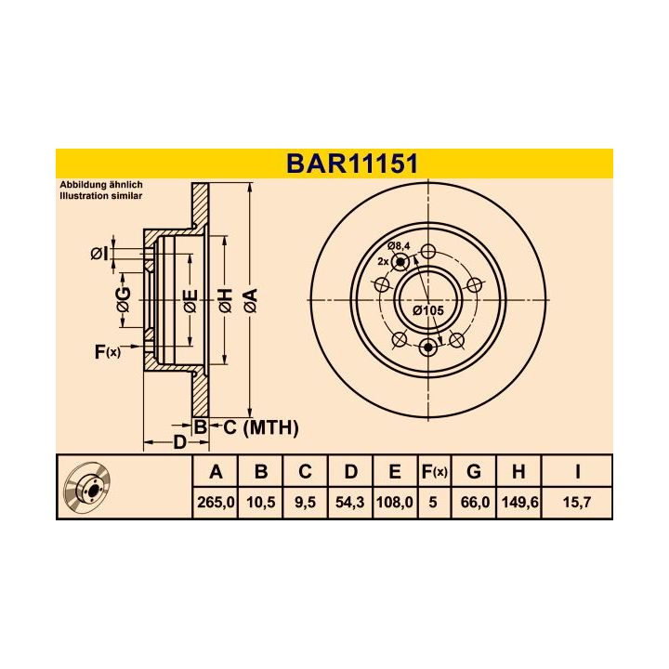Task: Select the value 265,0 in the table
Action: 216,502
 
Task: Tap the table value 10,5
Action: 261,502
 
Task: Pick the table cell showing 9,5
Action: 305,502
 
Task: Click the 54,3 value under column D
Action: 349,502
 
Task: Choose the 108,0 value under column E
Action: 395,502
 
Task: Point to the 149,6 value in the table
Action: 518,502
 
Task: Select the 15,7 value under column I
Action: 577,502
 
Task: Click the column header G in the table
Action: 474,472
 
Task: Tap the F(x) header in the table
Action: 433,472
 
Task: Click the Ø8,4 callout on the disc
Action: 400,245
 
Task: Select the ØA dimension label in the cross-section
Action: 249,300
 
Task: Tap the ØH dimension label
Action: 225,300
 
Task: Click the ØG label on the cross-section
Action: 123,300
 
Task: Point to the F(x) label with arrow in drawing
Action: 107,351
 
